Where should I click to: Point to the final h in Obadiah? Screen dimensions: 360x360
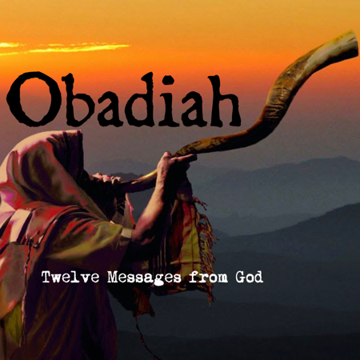(x=221, y=101)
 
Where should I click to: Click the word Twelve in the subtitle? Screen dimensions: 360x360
(x=70, y=278)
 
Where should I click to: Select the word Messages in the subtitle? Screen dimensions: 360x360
(x=144, y=278)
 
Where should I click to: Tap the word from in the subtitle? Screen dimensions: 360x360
(x=209, y=278)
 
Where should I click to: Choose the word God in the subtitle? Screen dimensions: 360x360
(x=249, y=278)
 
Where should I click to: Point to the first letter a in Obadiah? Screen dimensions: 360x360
(x=110, y=108)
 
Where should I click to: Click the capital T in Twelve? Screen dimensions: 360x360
(x=47, y=278)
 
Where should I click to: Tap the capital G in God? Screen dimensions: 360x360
(x=240, y=278)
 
